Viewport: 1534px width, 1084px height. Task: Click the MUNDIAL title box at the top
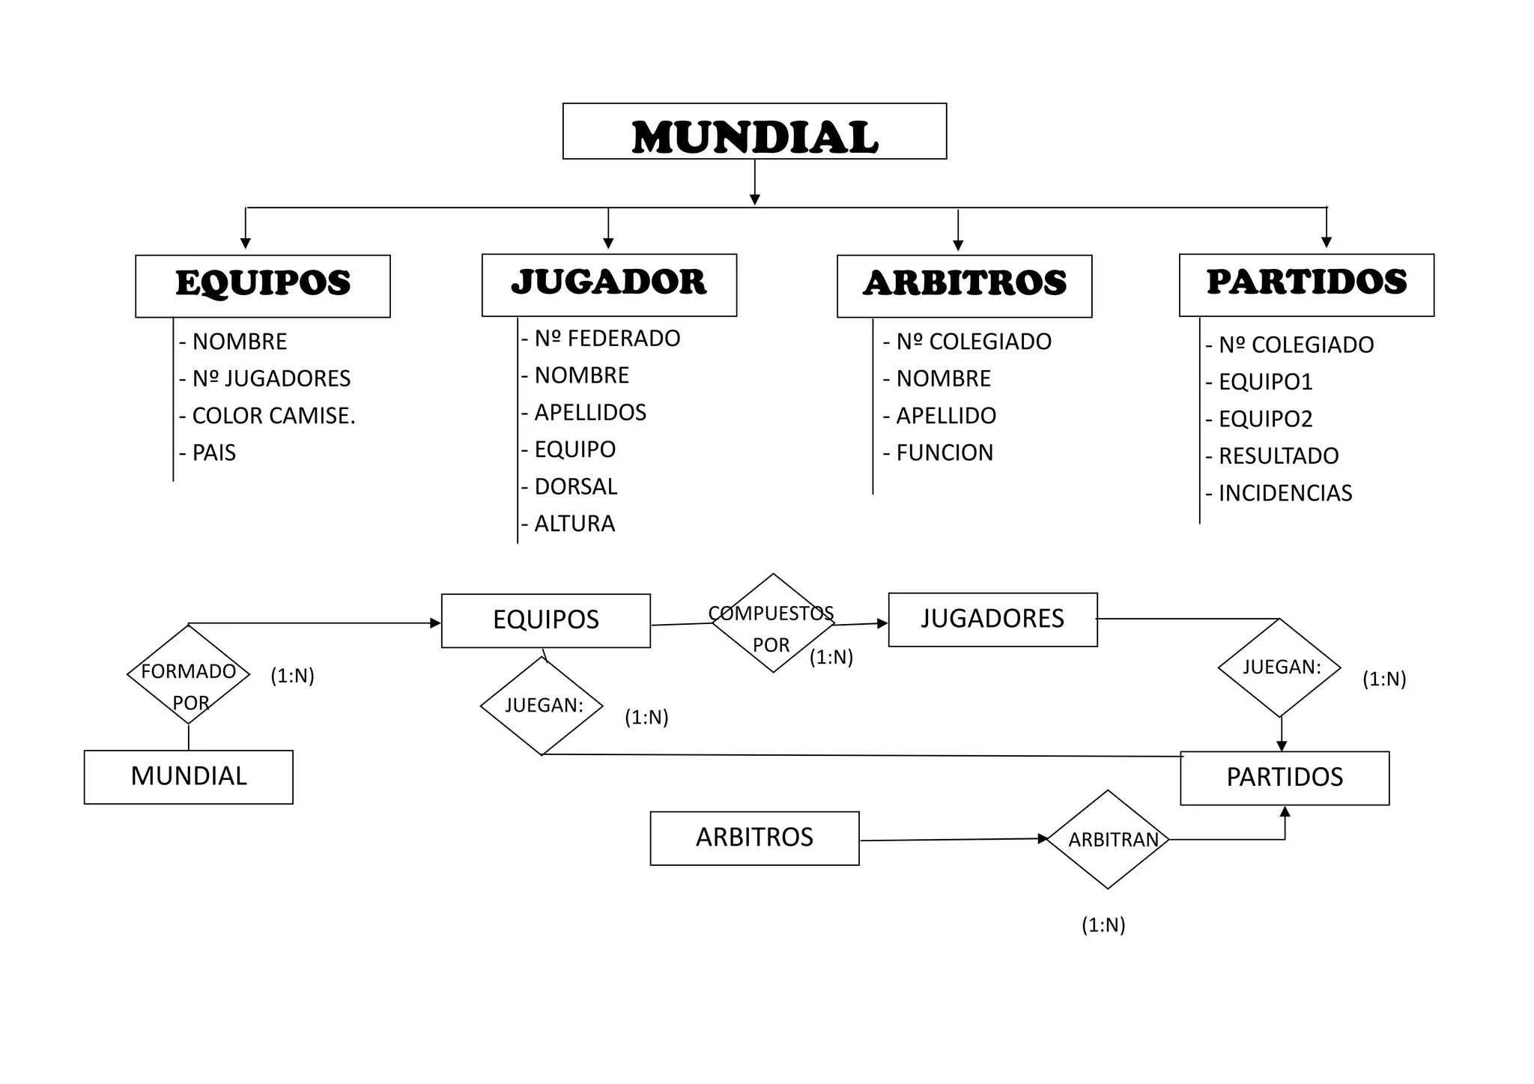click(x=754, y=132)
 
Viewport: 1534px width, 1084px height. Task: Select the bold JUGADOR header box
click(x=609, y=285)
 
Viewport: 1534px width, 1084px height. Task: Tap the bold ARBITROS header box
click(x=964, y=286)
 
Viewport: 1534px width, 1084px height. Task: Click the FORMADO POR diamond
click(x=189, y=675)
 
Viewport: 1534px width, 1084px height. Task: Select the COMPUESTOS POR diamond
click(x=773, y=623)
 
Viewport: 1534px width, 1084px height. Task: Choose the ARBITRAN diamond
click(x=1108, y=840)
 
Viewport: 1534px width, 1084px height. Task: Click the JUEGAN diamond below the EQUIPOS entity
click(x=542, y=706)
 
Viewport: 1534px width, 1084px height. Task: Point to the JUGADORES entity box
click(x=992, y=620)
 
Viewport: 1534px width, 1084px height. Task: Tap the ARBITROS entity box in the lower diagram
click(x=754, y=838)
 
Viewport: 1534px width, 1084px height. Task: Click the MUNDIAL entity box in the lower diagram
click(x=189, y=777)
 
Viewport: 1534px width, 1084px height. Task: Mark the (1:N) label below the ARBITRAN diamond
click(x=1103, y=925)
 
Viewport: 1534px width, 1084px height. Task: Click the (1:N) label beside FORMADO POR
click(x=292, y=676)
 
